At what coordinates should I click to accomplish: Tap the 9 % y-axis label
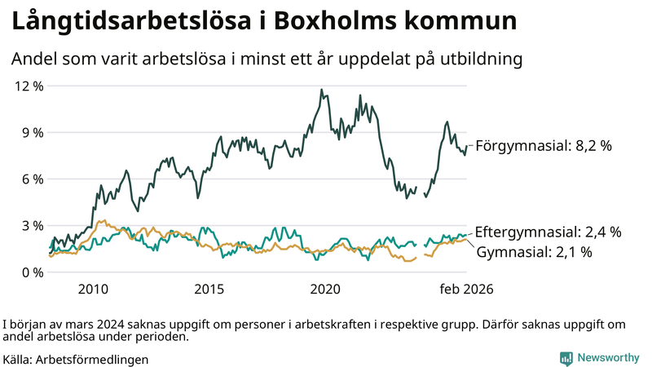[x=33, y=132]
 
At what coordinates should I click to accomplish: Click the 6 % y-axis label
[x=33, y=179]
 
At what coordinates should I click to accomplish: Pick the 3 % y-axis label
[x=33, y=225]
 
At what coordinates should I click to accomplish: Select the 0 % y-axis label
[x=33, y=272]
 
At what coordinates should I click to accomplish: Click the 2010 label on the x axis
[x=93, y=290]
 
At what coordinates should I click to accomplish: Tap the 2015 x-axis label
[x=209, y=290]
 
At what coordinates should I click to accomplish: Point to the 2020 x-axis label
[x=326, y=290]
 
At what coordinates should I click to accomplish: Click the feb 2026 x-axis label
[x=466, y=290]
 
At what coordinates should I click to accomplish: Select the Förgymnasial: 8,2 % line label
[x=543, y=146]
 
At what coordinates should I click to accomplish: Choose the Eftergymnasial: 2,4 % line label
[x=548, y=232]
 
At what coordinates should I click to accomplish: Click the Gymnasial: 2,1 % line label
[x=533, y=252]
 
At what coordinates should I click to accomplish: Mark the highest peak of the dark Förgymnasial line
[x=321, y=90]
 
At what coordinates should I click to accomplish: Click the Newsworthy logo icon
[x=566, y=358]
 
